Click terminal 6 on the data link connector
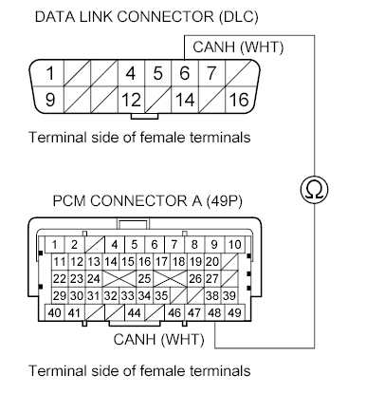point(184,73)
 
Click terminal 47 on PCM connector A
point(194,312)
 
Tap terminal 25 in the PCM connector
point(144,279)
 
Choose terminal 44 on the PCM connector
point(134,312)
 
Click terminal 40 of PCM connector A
point(56,312)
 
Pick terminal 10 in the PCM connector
point(233,244)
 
